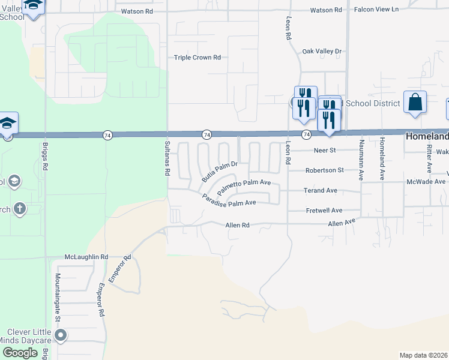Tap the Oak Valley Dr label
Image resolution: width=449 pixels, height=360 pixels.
click(321, 52)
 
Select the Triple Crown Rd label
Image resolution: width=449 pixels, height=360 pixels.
click(197, 58)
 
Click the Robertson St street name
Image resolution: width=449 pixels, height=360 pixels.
click(324, 170)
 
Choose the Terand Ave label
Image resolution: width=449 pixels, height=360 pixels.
click(321, 190)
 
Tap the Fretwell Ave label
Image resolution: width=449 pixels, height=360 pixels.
click(324, 211)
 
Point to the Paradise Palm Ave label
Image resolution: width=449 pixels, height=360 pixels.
click(229, 200)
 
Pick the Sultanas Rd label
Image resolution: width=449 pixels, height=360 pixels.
click(167, 157)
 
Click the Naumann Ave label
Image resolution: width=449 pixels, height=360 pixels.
click(361, 160)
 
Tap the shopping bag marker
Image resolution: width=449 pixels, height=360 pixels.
click(415, 103)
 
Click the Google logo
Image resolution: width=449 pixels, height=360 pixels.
click(19, 353)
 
